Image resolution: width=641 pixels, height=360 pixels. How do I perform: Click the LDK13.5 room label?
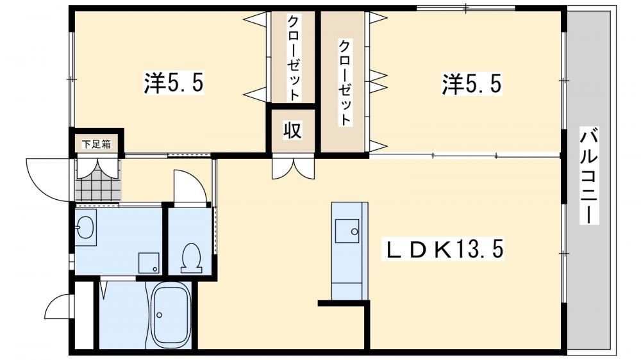pyautogui.click(x=443, y=249)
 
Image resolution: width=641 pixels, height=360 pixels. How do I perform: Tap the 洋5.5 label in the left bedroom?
pyautogui.click(x=173, y=83)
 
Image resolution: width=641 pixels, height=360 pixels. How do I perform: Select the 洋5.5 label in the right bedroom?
pyautogui.click(x=471, y=84)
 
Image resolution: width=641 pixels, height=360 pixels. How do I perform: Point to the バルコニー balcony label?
pyautogui.click(x=589, y=176)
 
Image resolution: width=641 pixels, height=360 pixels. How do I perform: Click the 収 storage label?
pyautogui.click(x=293, y=131)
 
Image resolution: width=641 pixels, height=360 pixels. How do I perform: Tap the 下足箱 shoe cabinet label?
pyautogui.click(x=97, y=144)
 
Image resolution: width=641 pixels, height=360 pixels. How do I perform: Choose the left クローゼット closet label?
pyautogui.click(x=294, y=58)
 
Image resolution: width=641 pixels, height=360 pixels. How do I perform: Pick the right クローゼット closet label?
pyautogui.click(x=345, y=82)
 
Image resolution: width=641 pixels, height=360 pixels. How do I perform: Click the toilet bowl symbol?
pyautogui.click(x=191, y=258)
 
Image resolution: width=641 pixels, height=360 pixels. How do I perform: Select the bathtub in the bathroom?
pyautogui.click(x=171, y=315)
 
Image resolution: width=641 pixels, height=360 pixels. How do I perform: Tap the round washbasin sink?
pyautogui.click(x=85, y=227)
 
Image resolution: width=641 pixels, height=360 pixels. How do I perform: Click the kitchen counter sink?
pyautogui.click(x=347, y=231)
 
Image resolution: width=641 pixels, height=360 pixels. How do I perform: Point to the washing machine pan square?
pyautogui.click(x=149, y=263)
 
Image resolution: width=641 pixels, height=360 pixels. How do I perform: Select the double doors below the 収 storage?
pyautogui.click(x=294, y=168)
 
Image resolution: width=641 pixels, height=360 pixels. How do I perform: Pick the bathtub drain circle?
pyautogui.click(x=159, y=315)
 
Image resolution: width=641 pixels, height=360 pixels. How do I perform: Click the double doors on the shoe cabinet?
pyautogui.click(x=98, y=168)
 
